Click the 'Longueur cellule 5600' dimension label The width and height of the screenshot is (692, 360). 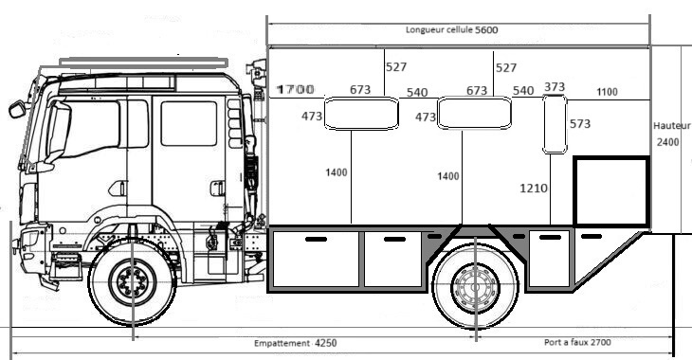pos(451,30)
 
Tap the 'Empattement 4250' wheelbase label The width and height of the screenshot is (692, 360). pos(295,343)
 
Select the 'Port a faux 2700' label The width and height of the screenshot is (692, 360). pos(577,342)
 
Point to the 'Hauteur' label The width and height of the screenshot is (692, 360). pos(671,126)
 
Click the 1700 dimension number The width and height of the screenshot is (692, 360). pos(295,90)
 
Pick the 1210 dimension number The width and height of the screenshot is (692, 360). pos(534,189)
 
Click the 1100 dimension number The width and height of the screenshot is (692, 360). pos(607,92)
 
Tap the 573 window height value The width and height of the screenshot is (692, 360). pos(579,124)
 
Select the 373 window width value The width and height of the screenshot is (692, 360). pos(555,87)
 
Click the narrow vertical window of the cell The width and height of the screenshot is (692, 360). pos(555,124)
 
